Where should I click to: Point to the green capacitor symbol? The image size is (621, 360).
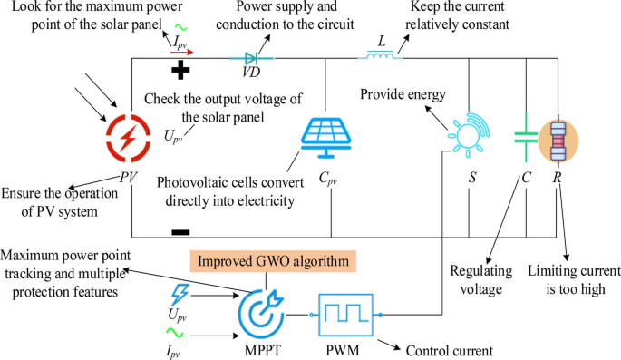point(526,139)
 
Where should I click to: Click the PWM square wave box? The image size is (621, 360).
point(344,314)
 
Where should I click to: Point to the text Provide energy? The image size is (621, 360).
point(403,93)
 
